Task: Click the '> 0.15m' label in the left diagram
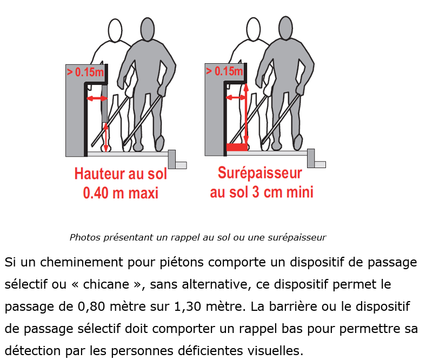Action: [85, 72]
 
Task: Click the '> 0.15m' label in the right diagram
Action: [224, 71]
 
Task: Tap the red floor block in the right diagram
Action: [237, 147]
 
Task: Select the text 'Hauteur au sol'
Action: [121, 174]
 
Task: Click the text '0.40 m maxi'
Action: [121, 193]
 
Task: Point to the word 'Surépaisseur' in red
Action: [260, 173]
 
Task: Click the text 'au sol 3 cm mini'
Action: [262, 192]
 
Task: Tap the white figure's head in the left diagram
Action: [115, 30]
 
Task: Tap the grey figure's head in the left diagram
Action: [148, 29]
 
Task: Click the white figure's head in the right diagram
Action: [253, 29]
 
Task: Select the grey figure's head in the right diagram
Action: [286, 28]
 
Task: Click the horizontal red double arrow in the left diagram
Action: [97, 98]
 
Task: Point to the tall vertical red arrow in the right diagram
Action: [246, 114]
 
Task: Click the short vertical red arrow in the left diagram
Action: [106, 137]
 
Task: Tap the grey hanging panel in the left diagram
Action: [104, 104]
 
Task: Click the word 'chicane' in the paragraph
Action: [106, 284]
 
